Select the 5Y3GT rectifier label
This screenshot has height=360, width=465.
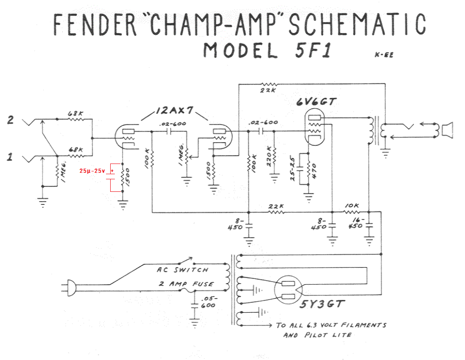322,305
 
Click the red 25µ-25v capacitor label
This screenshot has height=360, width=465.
92,171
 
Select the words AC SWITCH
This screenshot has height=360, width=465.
182,270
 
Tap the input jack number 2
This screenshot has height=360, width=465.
10,120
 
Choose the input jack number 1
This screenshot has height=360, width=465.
10,158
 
